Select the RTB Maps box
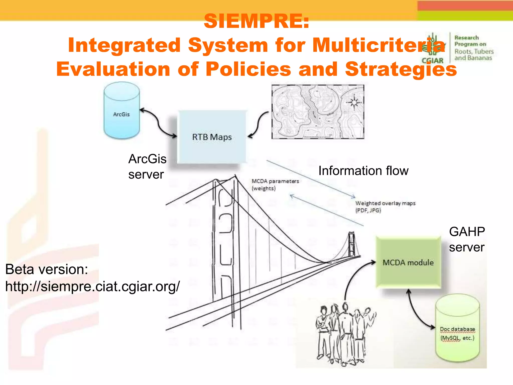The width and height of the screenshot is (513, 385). tap(212, 137)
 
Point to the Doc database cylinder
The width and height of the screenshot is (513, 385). tap(457, 331)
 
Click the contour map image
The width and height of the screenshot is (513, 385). tap(318, 112)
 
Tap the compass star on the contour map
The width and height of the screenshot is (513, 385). tap(354, 102)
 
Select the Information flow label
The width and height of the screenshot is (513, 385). tap(363, 171)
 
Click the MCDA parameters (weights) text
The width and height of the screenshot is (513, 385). tap(275, 184)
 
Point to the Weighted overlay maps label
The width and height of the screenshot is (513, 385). tap(385, 207)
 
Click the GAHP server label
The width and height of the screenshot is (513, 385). tap(467, 239)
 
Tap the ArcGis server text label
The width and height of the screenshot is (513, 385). tap(147, 166)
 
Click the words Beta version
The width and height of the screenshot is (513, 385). tap(47, 269)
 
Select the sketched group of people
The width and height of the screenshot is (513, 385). tap(345, 333)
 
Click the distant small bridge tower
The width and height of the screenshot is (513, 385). tap(352, 244)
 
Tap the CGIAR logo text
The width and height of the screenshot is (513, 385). tap(432, 61)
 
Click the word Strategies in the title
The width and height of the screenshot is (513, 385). tap(401, 69)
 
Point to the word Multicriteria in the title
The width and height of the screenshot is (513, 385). tap(378, 45)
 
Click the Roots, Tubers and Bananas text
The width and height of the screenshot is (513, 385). tap(474, 55)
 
